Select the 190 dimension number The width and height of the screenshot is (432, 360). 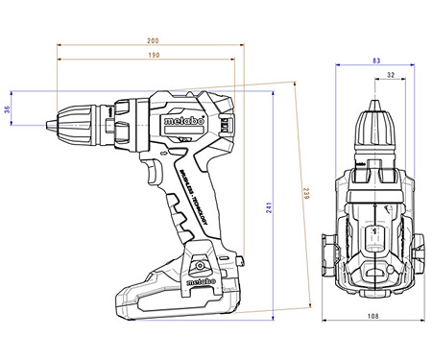pos(154,56)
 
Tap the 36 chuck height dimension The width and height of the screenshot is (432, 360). pos(9,109)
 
